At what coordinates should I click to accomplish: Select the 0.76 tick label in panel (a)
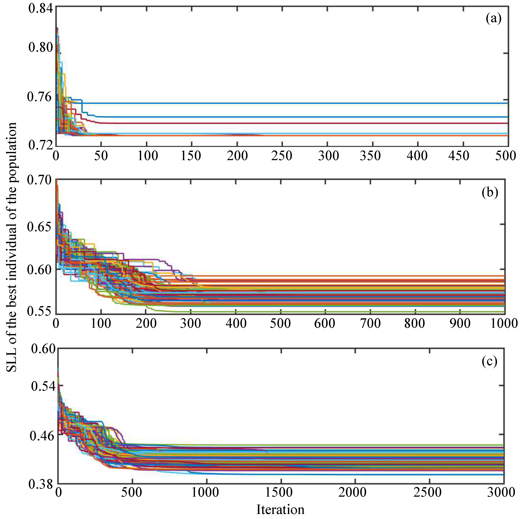click(x=39, y=97)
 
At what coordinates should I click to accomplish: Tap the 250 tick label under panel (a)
click(x=282, y=156)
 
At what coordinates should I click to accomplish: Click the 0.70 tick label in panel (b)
click(x=39, y=180)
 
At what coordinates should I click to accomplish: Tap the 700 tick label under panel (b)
click(x=370, y=323)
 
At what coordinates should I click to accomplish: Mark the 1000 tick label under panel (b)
click(x=504, y=323)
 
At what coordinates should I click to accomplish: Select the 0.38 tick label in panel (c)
click(x=41, y=484)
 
